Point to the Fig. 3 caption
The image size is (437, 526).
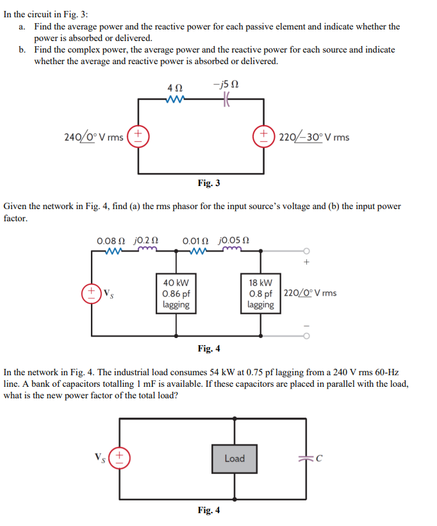209,183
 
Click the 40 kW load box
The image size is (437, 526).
176,293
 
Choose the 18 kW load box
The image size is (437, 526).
261,293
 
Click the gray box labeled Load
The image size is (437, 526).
235,458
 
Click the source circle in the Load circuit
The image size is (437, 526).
120,458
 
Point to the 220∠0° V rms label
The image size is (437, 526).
309,294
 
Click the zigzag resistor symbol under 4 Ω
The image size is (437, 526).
174,99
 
